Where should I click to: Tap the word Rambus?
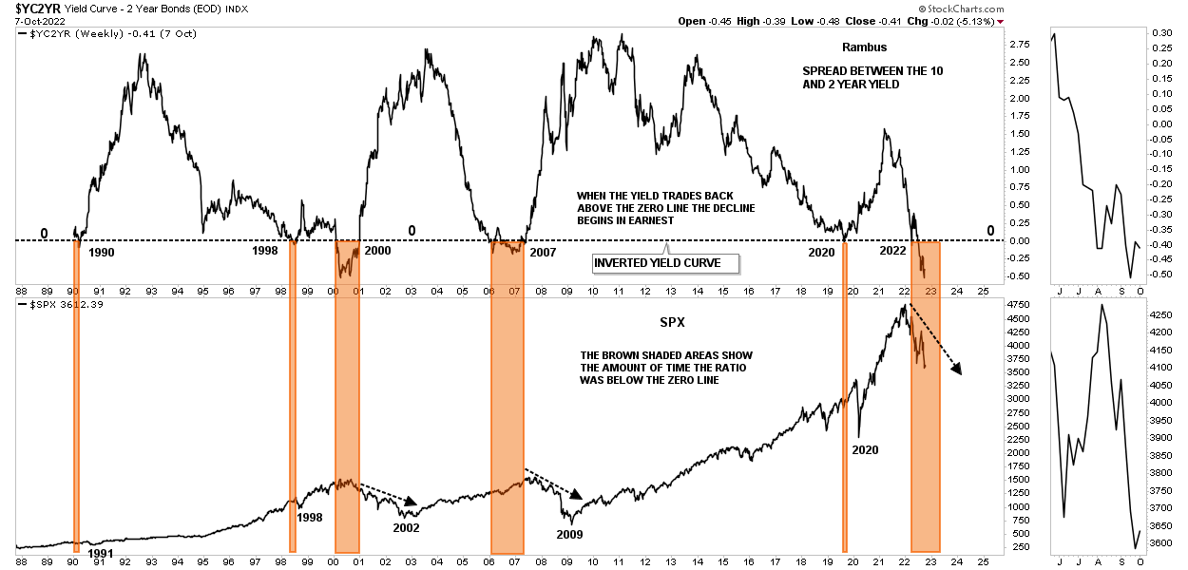click(863, 47)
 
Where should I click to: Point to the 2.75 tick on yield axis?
click(1020, 45)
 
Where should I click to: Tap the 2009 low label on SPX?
click(570, 534)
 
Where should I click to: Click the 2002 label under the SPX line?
click(406, 527)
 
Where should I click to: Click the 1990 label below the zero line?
click(102, 253)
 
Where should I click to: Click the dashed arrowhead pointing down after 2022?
click(957, 370)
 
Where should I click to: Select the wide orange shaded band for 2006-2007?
click(507, 399)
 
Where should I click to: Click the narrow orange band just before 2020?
click(844, 399)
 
